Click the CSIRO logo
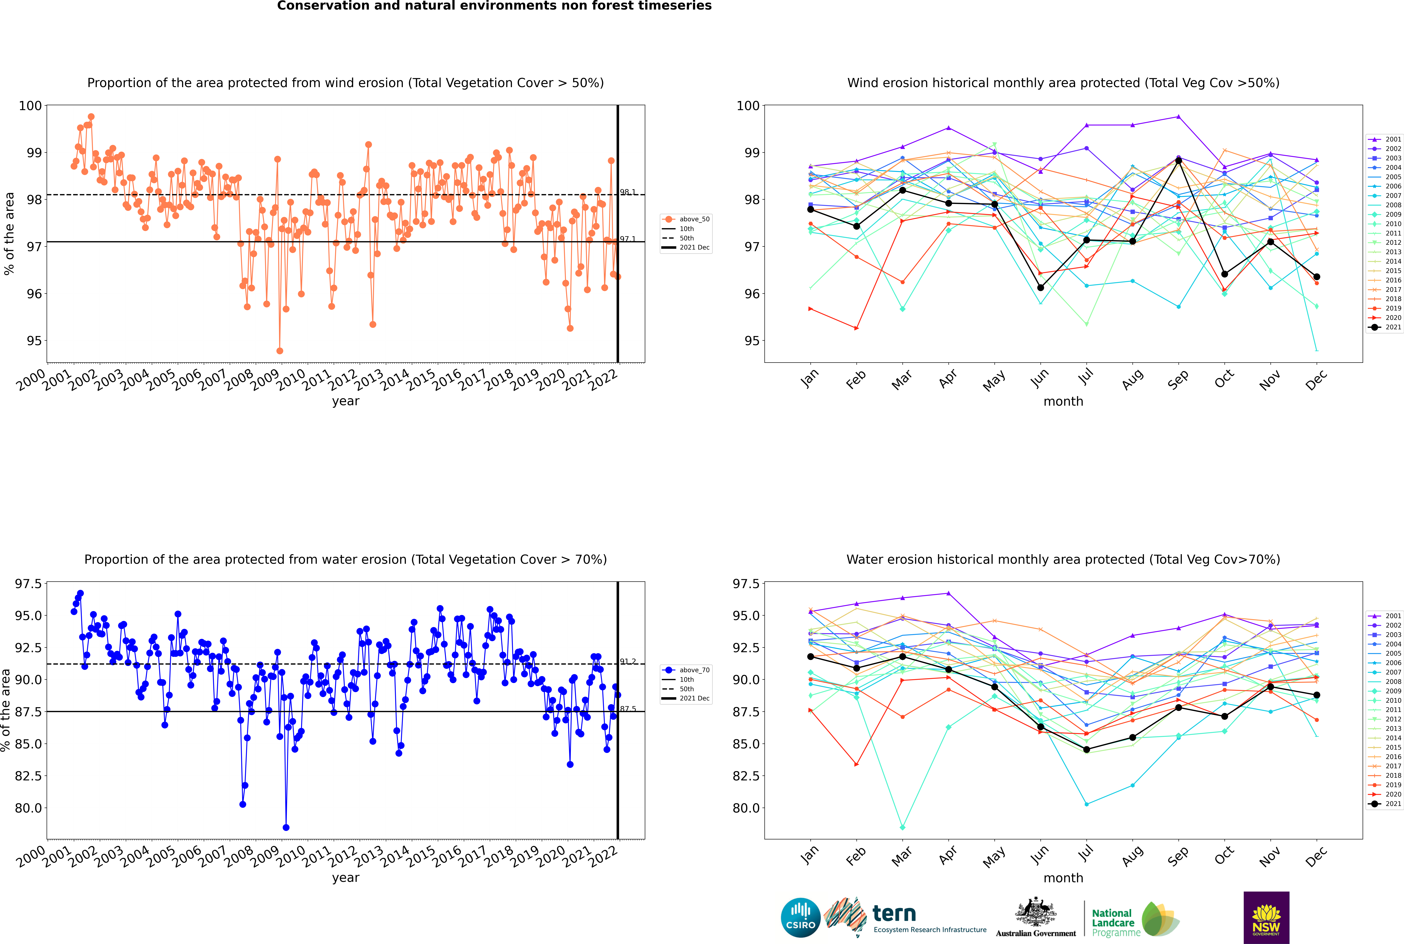click(800, 918)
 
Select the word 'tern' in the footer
click(894, 914)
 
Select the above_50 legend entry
click(686, 219)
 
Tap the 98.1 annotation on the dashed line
click(628, 192)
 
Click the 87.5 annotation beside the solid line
click(628, 709)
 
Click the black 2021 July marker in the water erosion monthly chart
click(1086, 750)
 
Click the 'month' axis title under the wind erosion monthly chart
click(1063, 402)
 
